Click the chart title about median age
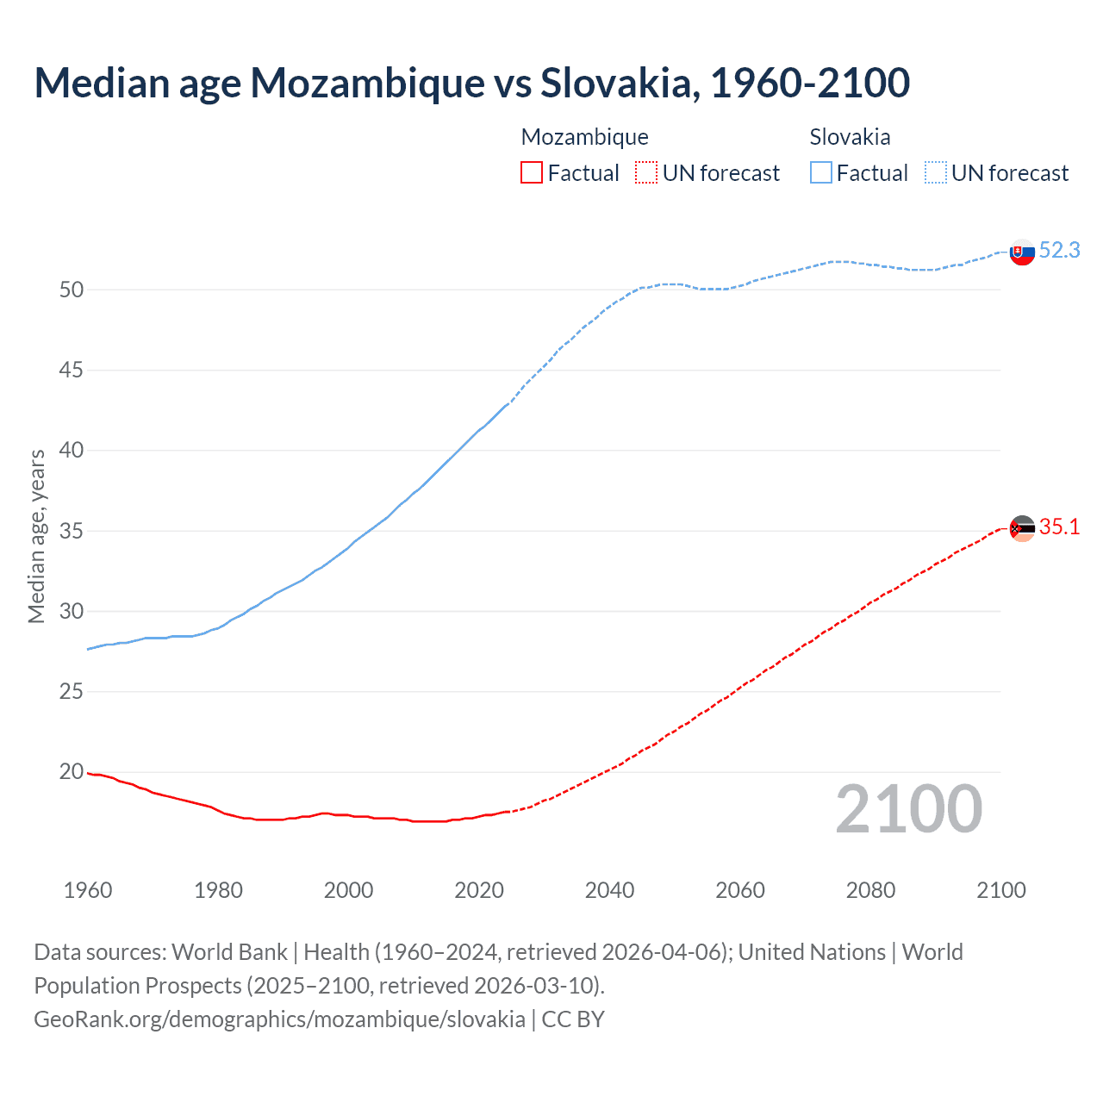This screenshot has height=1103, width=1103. coord(471,83)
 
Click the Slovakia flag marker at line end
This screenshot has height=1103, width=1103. coord(1022,252)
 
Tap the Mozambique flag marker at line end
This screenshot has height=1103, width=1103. coord(1022,528)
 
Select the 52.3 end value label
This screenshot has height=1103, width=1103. coord(1059,250)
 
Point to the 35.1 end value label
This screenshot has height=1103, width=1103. coord(1059,527)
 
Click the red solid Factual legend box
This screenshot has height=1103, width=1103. coord(532,173)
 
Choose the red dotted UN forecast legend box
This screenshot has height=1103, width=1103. coord(646,173)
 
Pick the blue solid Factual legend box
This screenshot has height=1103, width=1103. coord(821,173)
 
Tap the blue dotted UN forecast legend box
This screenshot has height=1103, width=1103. coord(936,173)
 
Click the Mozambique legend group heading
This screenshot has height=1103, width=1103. coord(584,137)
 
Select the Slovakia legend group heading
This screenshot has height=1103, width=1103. coord(850,137)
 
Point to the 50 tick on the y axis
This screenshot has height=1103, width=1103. coord(72,290)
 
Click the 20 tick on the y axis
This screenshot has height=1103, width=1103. coord(72,772)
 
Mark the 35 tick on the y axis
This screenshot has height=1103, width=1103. coord(72,531)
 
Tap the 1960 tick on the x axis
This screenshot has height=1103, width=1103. coord(88,890)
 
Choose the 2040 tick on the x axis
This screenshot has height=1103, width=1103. coord(609,890)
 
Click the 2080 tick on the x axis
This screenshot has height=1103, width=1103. coord(870,890)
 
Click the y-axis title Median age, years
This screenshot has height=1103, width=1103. coord(36,536)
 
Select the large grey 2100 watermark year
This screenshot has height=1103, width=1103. coord(908,809)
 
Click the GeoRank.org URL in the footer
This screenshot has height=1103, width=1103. coord(279,1019)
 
